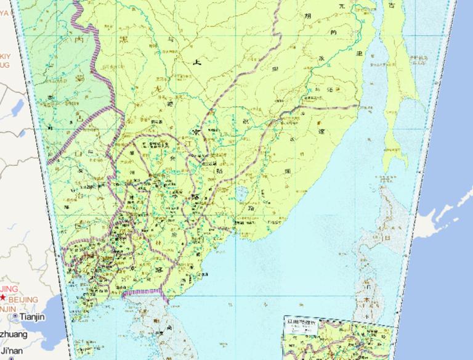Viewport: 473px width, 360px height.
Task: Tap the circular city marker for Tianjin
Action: pyautogui.click(x=15, y=317)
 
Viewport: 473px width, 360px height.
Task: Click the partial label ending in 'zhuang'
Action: pyautogui.click(x=14, y=334)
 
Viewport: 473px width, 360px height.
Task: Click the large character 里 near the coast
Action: pyautogui.click(x=358, y=53)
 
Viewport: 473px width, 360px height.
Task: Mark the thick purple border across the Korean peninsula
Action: pyautogui.click(x=143, y=292)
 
